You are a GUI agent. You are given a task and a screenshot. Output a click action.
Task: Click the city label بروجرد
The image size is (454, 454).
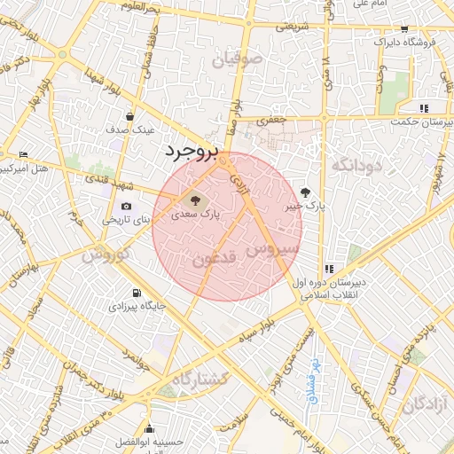pos(190,152)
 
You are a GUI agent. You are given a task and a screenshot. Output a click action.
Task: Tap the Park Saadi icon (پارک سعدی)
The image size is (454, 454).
pos(195,200)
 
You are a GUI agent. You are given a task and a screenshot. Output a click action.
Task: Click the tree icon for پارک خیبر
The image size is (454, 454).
pos(306,191)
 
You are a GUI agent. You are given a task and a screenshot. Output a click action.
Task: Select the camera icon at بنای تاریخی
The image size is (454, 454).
pos(127,207)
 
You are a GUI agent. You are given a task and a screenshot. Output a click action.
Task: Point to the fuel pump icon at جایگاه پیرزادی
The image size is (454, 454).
pos(135,293)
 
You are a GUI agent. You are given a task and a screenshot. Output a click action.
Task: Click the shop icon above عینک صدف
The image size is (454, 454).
pos(130,115)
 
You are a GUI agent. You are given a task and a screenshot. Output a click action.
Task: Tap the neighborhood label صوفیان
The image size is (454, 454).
pos(238,60)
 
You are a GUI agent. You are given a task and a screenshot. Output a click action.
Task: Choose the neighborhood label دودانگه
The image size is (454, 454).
pos(355,165)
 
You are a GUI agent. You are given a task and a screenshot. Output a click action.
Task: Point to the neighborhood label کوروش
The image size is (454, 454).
pos(106,254)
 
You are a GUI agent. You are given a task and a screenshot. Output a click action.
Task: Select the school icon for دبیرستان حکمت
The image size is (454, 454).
pos(425,108)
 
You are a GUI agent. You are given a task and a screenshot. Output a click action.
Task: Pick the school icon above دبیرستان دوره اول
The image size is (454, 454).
pos(329,268)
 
